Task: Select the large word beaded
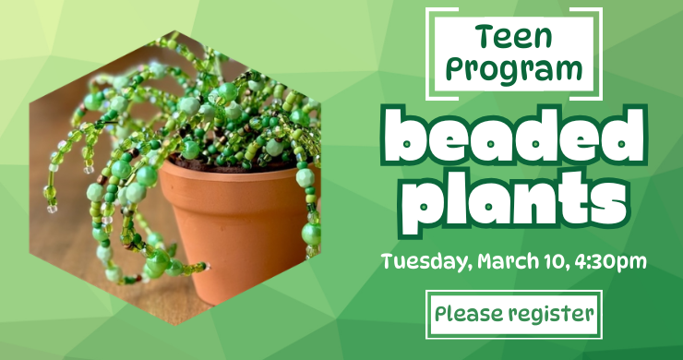coord(514,138)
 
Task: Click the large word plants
coord(514,198)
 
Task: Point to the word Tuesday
coord(426,261)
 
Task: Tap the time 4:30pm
coord(610,261)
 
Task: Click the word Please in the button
coord(466,314)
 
